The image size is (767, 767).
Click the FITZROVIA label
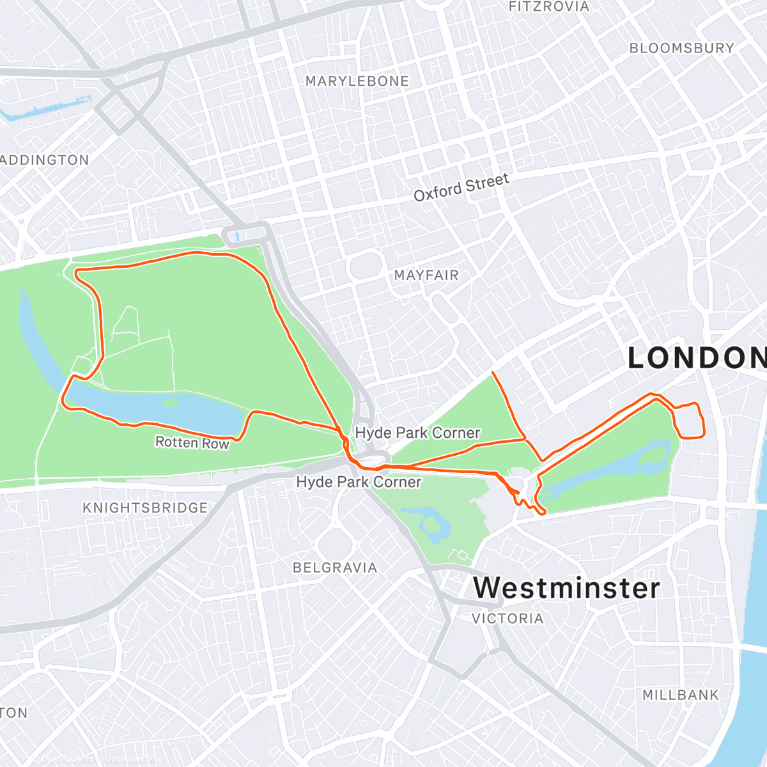click(548, 7)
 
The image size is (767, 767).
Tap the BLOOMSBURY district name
click(681, 49)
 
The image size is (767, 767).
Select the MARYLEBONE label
click(357, 81)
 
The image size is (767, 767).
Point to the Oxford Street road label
click(461, 187)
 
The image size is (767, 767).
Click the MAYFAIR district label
click(426, 275)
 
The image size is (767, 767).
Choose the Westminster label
click(566, 588)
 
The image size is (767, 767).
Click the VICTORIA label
click(507, 618)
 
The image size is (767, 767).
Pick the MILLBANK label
click(680, 695)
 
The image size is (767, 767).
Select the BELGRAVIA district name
click(334, 568)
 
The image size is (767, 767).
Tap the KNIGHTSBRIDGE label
click(145, 507)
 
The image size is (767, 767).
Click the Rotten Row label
click(192, 442)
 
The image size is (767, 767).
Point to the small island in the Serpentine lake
click(169, 403)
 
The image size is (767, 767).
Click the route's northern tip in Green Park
click(493, 372)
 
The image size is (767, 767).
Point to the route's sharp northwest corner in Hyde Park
click(77, 273)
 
